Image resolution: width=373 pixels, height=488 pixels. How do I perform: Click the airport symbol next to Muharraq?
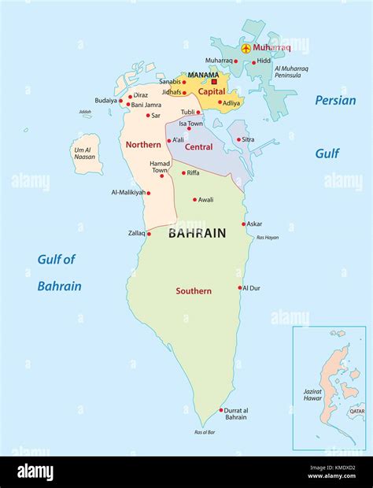246,48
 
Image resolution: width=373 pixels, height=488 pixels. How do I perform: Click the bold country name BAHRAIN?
197,233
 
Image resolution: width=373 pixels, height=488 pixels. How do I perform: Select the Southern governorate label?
193,291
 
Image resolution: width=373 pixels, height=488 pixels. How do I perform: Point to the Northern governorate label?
143,145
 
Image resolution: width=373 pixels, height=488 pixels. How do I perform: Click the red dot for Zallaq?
149,234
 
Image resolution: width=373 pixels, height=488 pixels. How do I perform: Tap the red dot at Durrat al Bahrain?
221,410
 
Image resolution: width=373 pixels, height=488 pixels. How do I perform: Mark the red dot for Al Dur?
240,288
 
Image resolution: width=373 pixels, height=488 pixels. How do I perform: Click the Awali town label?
205,200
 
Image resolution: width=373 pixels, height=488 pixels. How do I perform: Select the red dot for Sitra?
238,140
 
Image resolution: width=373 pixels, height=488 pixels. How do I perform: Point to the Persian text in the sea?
336,100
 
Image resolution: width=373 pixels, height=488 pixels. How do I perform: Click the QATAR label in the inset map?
356,411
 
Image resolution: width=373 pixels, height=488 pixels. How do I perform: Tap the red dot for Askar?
243,224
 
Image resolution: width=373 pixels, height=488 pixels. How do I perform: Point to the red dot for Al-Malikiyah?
148,191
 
